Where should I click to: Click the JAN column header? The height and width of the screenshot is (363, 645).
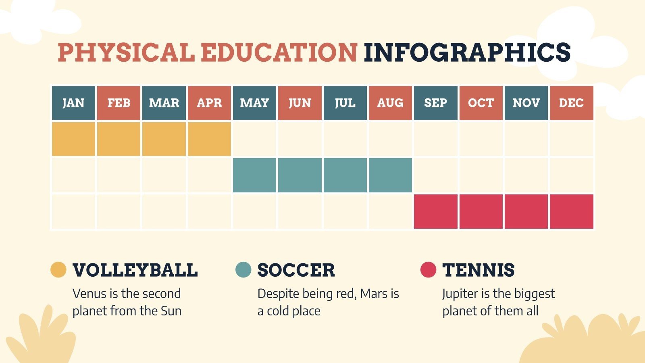(x=73, y=103)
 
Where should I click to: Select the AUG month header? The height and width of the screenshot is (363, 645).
(x=390, y=103)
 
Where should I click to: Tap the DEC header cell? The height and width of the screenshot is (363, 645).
(x=571, y=103)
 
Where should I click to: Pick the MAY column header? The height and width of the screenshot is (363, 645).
(x=254, y=103)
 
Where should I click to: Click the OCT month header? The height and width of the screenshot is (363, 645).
(x=481, y=103)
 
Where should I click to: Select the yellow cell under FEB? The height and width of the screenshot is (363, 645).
(x=119, y=139)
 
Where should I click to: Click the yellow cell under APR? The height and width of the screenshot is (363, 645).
(x=209, y=139)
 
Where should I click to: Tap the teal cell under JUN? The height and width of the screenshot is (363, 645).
(x=300, y=175)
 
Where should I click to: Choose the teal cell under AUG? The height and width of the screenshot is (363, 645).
(x=390, y=175)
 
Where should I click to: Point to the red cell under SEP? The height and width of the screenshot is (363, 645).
(x=435, y=211)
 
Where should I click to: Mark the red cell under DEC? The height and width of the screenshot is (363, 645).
(x=571, y=211)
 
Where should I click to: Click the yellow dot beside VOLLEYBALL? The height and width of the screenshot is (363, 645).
(x=58, y=270)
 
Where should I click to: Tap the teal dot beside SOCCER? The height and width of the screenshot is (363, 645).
(x=243, y=270)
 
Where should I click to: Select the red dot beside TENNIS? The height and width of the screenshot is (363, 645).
(x=428, y=270)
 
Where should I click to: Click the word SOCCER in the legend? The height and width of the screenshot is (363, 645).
(x=296, y=270)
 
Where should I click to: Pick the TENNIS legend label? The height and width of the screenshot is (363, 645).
(x=478, y=270)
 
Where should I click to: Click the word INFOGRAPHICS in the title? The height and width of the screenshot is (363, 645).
(x=467, y=52)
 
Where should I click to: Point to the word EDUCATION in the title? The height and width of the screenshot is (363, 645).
(x=279, y=52)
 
